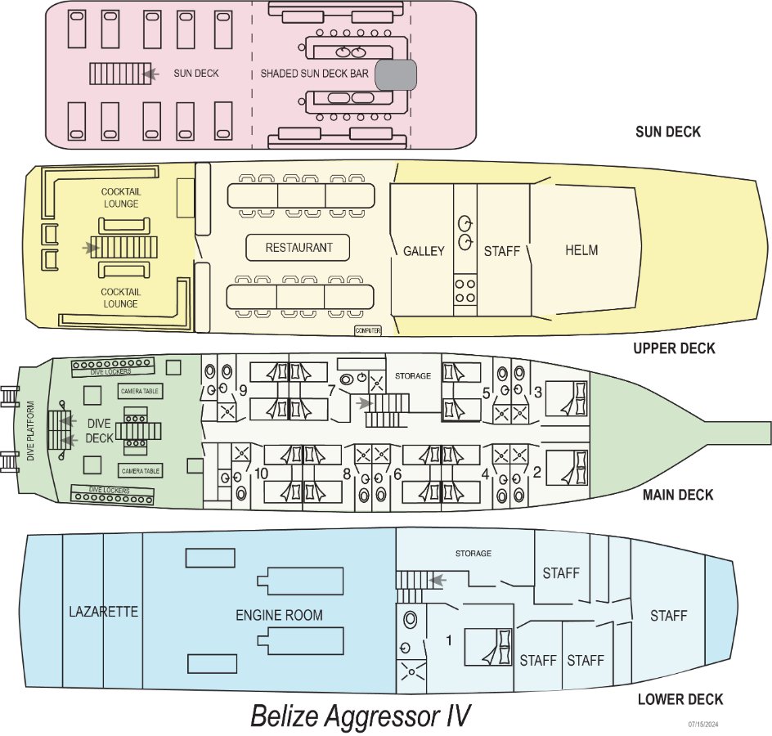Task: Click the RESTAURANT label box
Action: click(298, 247)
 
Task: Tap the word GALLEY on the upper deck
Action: click(424, 251)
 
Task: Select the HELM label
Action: click(581, 250)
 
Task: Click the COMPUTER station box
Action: click(368, 330)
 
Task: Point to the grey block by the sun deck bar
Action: click(396, 75)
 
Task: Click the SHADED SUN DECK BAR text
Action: click(314, 74)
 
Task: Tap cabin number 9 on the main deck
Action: click(243, 391)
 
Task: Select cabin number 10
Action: click(261, 473)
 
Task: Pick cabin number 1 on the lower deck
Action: click(448, 640)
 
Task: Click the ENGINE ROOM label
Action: click(279, 615)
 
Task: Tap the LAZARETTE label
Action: click(103, 612)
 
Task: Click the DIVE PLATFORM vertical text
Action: click(31, 431)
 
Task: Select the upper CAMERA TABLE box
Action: click(140, 391)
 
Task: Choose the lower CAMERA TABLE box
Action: click(141, 471)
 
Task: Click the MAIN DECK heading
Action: click(677, 495)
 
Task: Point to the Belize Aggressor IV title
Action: click(361, 716)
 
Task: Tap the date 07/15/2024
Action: click(703, 725)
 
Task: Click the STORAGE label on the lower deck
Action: click(474, 554)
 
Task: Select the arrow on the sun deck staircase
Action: click(150, 74)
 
